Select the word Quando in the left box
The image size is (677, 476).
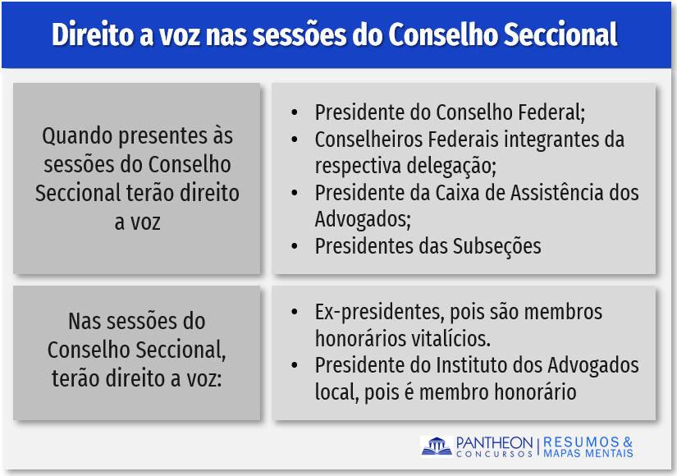point(78,137)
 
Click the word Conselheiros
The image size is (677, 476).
point(368,140)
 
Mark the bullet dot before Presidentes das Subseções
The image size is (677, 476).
point(295,247)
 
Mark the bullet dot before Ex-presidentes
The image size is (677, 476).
point(295,312)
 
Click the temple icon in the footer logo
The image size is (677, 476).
point(437,446)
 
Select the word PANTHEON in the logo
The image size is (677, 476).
point(494,442)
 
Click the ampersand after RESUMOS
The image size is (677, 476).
point(628,442)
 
